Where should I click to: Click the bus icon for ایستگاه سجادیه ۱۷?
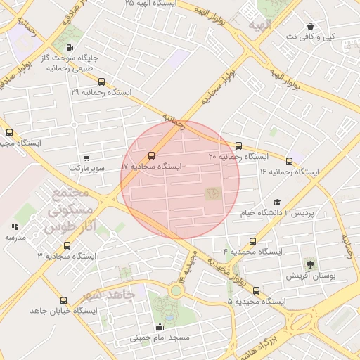[x=152, y=156]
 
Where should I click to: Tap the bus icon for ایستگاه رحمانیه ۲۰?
[x=238, y=146]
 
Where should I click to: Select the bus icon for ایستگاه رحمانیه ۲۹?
[x=102, y=82]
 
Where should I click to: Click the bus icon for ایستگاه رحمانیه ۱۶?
[x=289, y=161]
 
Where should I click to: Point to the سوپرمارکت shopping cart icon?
[x=86, y=159]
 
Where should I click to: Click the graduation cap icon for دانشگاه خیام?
[x=276, y=202]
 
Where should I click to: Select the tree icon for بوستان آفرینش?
[x=309, y=264]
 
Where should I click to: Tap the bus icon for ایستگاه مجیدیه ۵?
[x=255, y=290]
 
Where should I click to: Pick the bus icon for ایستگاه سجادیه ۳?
[x=67, y=245]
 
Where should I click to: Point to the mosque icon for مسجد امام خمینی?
[x=160, y=327]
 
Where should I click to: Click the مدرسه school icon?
[x=15, y=226]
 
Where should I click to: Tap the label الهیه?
[x=259, y=25]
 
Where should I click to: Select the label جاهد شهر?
[x=107, y=295]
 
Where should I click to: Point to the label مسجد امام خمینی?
[x=160, y=337]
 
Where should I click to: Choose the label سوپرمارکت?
[x=86, y=169]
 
